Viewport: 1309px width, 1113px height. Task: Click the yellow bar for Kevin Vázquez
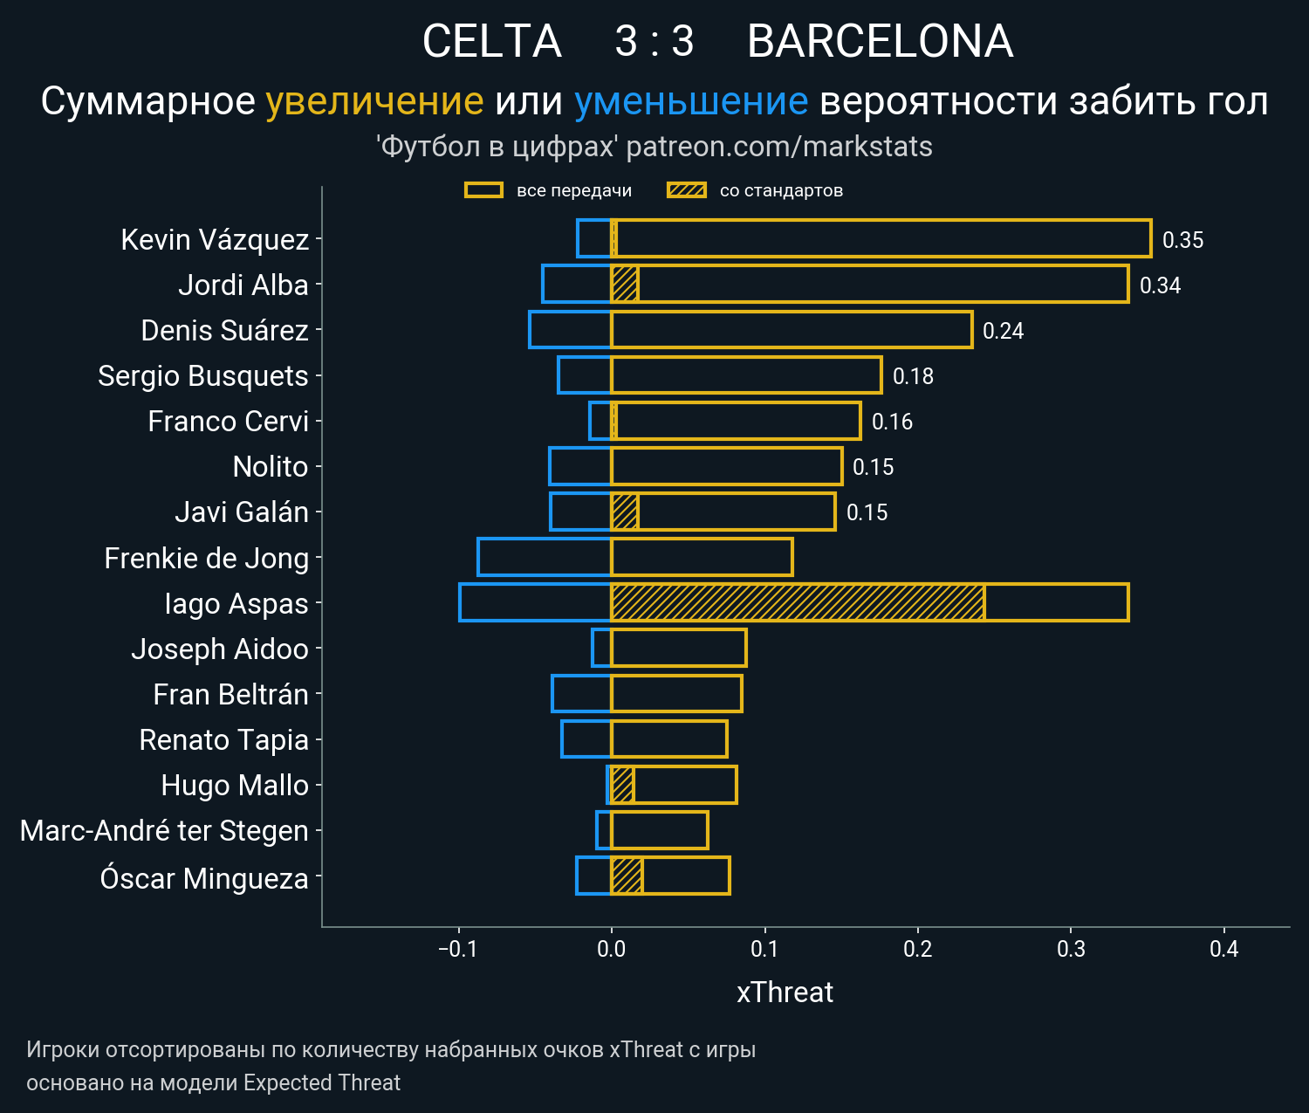[x=881, y=239]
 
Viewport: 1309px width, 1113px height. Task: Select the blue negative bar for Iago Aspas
[x=535, y=603]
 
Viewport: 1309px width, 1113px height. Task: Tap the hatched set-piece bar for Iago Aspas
[x=798, y=603]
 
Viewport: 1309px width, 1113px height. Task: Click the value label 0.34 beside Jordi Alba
[x=1160, y=285]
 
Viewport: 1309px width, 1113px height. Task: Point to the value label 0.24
[x=1003, y=331]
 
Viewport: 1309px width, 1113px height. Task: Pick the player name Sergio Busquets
[x=203, y=376]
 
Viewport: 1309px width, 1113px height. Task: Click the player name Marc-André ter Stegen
[x=164, y=831]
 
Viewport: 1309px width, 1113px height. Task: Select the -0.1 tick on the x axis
[x=457, y=950]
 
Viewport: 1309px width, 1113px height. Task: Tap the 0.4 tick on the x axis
[x=1223, y=950]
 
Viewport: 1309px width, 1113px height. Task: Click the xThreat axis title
[x=785, y=993]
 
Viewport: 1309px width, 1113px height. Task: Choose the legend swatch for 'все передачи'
[x=483, y=190]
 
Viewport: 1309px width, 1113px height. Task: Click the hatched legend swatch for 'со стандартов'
[x=686, y=190]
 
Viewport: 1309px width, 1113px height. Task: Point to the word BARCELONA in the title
[x=880, y=42]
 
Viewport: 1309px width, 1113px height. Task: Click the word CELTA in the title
[x=491, y=42]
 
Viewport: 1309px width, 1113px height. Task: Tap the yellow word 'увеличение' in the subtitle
[x=374, y=102]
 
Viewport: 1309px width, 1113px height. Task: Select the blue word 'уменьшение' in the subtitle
[x=691, y=102]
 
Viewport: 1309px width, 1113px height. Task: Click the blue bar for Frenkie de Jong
[x=545, y=558]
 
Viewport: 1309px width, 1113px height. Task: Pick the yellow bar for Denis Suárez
[x=792, y=330]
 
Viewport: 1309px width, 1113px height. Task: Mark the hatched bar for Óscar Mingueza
[x=627, y=876]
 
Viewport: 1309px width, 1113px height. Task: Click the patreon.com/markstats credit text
[x=779, y=147]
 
